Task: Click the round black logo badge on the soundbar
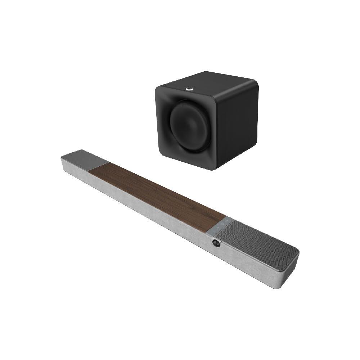click(216, 243)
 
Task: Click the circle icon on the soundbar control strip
click(227, 220)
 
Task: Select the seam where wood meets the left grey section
click(99, 166)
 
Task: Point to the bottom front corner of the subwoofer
click(215, 168)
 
